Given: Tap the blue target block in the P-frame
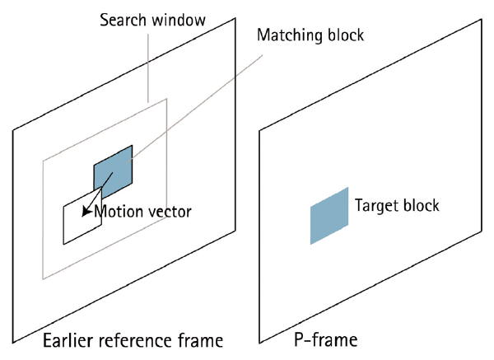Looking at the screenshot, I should point(329,215).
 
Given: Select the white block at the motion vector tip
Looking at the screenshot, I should point(79,222).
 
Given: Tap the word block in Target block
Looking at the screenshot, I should point(422,205).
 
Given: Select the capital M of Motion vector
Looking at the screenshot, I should point(100,212).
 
